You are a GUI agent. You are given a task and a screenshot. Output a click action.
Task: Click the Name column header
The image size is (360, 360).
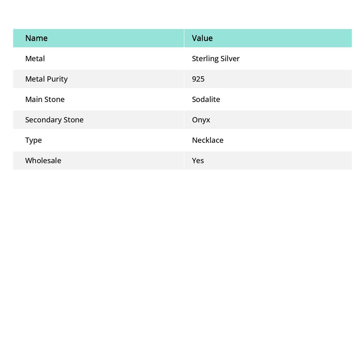[36, 38]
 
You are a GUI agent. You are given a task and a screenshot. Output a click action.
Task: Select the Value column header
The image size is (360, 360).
[202, 38]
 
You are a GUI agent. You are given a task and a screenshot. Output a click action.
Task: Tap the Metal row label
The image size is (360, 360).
[35, 59]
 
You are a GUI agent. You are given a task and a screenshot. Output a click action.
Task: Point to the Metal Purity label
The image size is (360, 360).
[46, 79]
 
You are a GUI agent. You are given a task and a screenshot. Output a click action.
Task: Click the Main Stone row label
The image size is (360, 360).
[45, 99]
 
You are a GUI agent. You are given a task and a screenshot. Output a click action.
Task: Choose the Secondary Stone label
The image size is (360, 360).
[54, 120]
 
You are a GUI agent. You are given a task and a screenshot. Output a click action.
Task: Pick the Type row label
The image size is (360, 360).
[33, 140]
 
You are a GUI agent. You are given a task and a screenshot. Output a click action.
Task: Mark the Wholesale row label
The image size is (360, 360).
[43, 161]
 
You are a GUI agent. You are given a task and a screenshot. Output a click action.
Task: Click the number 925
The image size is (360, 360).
[198, 79]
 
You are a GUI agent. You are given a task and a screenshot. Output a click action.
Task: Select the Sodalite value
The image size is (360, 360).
[206, 99]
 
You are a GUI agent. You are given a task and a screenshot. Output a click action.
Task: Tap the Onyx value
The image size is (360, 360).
[201, 120]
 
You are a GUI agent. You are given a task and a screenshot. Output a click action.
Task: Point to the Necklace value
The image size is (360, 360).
[208, 140]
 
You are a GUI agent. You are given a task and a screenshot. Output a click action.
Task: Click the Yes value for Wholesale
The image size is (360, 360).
[198, 161]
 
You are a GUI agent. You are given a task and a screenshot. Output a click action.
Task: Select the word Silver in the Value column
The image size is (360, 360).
[230, 59]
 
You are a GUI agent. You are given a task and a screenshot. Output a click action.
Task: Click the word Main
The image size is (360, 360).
[33, 99]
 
